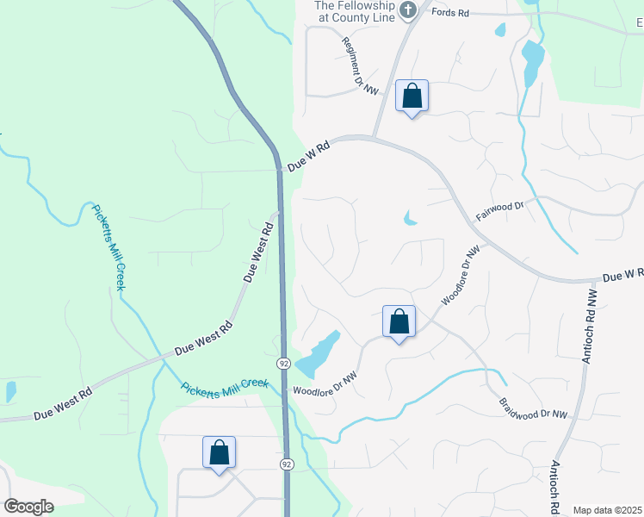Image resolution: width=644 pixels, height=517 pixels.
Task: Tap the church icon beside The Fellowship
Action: click(408, 10)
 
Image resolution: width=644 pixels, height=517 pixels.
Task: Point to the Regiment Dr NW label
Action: click(360, 65)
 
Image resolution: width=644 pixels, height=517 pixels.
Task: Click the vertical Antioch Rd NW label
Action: click(587, 325)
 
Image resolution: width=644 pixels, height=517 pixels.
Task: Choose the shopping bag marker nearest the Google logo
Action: click(219, 452)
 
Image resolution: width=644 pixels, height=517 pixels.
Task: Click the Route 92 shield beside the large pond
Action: click(283, 363)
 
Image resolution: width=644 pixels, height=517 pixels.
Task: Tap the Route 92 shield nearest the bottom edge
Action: click(286, 464)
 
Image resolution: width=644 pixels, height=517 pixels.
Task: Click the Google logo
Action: click(28, 507)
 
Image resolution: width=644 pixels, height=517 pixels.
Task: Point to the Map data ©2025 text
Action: click(607, 510)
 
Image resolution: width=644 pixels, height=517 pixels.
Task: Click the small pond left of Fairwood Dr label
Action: click(409, 219)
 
